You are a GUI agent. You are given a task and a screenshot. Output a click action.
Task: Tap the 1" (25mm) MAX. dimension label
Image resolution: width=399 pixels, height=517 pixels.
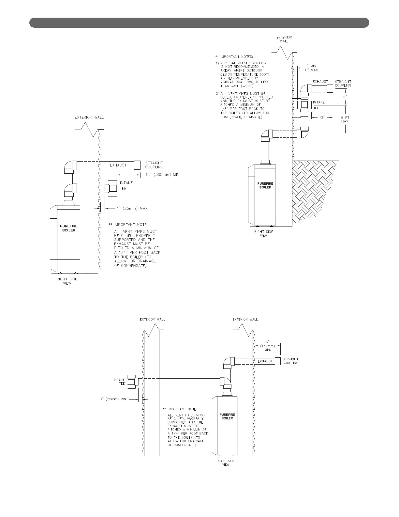click(133, 208)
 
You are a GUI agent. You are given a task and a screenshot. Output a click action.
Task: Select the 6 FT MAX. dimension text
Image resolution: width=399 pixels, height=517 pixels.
click(345, 119)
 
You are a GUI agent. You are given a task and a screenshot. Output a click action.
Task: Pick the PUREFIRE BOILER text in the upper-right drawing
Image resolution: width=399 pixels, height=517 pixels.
click(265, 185)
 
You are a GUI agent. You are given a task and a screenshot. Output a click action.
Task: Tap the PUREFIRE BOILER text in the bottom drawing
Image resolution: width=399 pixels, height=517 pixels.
click(227, 416)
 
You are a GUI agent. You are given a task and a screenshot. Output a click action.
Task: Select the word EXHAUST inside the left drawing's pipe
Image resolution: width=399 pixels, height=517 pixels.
click(118, 165)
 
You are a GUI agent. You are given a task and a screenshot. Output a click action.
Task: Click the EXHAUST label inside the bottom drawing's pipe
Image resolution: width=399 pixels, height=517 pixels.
click(265, 361)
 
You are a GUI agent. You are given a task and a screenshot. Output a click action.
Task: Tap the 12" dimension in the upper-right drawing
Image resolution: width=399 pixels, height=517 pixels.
click(322, 117)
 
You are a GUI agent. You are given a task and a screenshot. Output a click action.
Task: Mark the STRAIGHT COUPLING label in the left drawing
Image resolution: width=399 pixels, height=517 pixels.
click(154, 165)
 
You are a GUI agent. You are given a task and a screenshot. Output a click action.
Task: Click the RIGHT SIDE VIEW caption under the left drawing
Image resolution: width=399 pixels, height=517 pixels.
click(67, 281)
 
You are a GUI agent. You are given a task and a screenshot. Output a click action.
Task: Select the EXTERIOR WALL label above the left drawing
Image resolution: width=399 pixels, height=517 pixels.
click(89, 117)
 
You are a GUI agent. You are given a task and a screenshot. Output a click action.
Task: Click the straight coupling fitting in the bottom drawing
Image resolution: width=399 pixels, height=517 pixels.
click(278, 361)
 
